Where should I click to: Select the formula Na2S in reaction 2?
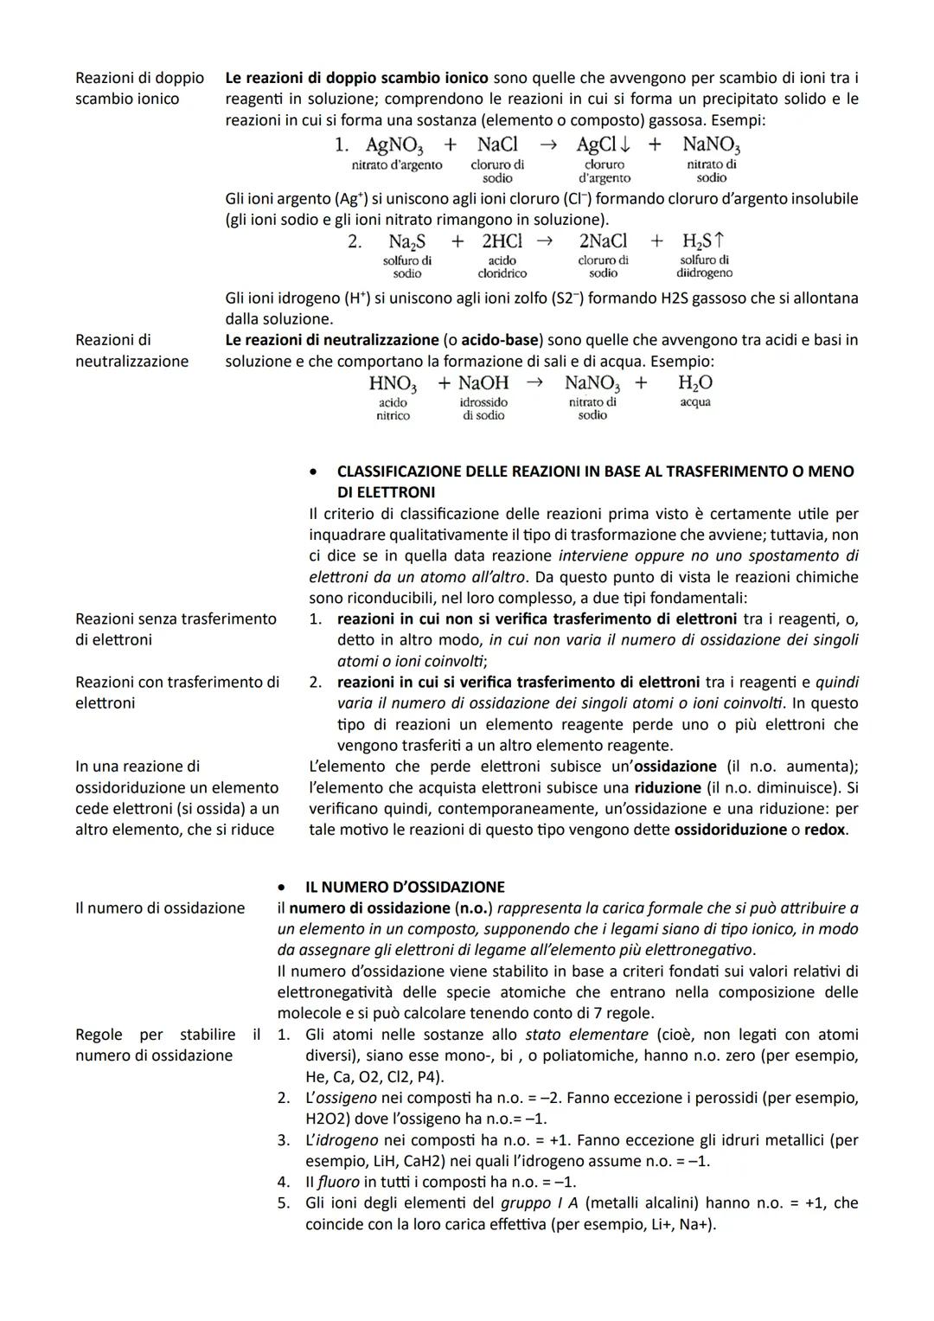406,241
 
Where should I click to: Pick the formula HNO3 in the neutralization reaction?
393,383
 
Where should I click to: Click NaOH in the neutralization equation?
483,383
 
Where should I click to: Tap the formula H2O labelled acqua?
695,383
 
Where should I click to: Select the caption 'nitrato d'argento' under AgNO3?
397,164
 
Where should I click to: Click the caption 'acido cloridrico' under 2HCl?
502,266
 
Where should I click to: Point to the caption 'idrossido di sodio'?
483,408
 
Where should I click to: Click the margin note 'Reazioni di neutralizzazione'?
131,350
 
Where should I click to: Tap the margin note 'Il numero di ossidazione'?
160,907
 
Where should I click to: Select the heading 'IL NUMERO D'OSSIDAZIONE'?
405,887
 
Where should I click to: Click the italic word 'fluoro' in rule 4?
338,1182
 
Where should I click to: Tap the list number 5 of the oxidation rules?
283,1203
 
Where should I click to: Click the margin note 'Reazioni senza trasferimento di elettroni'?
176,629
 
